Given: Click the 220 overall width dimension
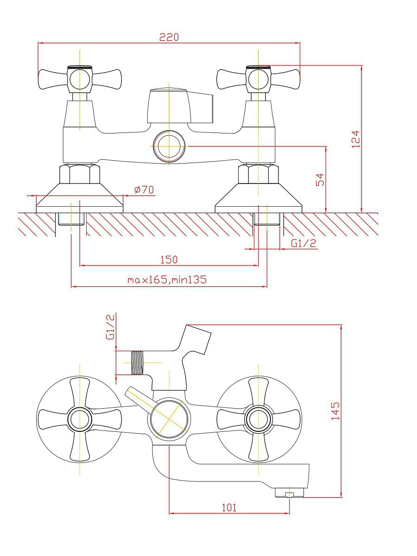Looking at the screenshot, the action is click(x=169, y=37).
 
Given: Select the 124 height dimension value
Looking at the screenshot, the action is click(x=355, y=139).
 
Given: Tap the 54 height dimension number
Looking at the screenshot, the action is click(x=320, y=180).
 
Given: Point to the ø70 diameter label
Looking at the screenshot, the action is click(x=144, y=190).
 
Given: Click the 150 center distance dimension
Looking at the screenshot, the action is click(x=169, y=259).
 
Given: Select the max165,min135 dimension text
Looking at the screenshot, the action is click(x=167, y=280).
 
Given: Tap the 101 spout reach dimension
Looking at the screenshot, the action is click(x=229, y=508).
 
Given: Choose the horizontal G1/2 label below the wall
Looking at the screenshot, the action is click(x=303, y=243).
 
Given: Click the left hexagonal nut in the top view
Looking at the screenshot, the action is click(x=80, y=174).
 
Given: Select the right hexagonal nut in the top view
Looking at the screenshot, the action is click(x=259, y=174).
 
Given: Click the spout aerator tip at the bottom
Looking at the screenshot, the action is click(x=289, y=493).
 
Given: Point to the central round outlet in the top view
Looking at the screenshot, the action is click(x=169, y=146).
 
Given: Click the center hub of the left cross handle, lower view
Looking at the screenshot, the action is click(x=80, y=419).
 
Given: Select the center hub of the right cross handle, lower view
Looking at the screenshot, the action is click(x=258, y=419).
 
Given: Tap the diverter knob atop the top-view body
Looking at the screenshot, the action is click(x=180, y=106).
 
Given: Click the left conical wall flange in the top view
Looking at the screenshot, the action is click(x=80, y=198).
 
